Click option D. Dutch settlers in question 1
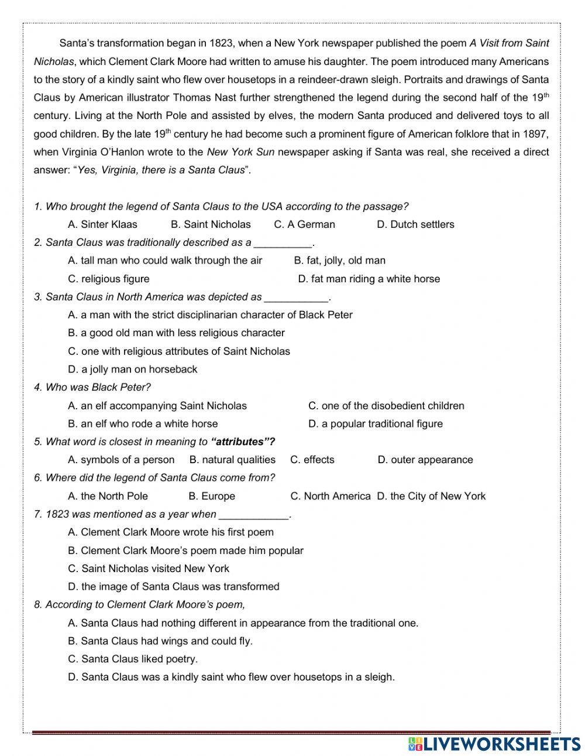click(415, 224)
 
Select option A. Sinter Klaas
click(102, 224)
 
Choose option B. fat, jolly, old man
click(339, 261)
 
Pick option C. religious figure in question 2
click(109, 279)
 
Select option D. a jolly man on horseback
click(133, 370)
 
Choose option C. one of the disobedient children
click(386, 406)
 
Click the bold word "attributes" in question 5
click(242, 442)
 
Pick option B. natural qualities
click(232, 460)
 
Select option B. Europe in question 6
click(212, 496)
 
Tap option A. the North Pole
click(108, 496)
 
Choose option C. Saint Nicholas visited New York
click(149, 569)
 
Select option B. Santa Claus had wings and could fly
click(160, 641)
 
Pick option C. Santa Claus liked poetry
click(133, 659)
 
